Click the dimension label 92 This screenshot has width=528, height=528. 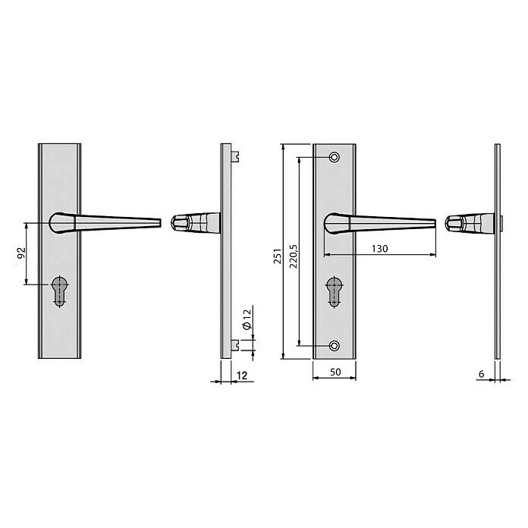[21, 253]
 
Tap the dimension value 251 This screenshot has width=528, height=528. [277, 256]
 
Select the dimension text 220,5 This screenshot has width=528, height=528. [294, 256]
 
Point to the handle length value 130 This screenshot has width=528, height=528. [379, 249]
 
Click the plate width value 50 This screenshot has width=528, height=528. [335, 372]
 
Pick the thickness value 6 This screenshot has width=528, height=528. [481, 374]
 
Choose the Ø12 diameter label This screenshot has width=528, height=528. [247, 319]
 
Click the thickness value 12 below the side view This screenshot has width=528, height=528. [242, 376]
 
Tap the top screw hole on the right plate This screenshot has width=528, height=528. [335, 157]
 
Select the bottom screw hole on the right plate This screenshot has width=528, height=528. [335, 346]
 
